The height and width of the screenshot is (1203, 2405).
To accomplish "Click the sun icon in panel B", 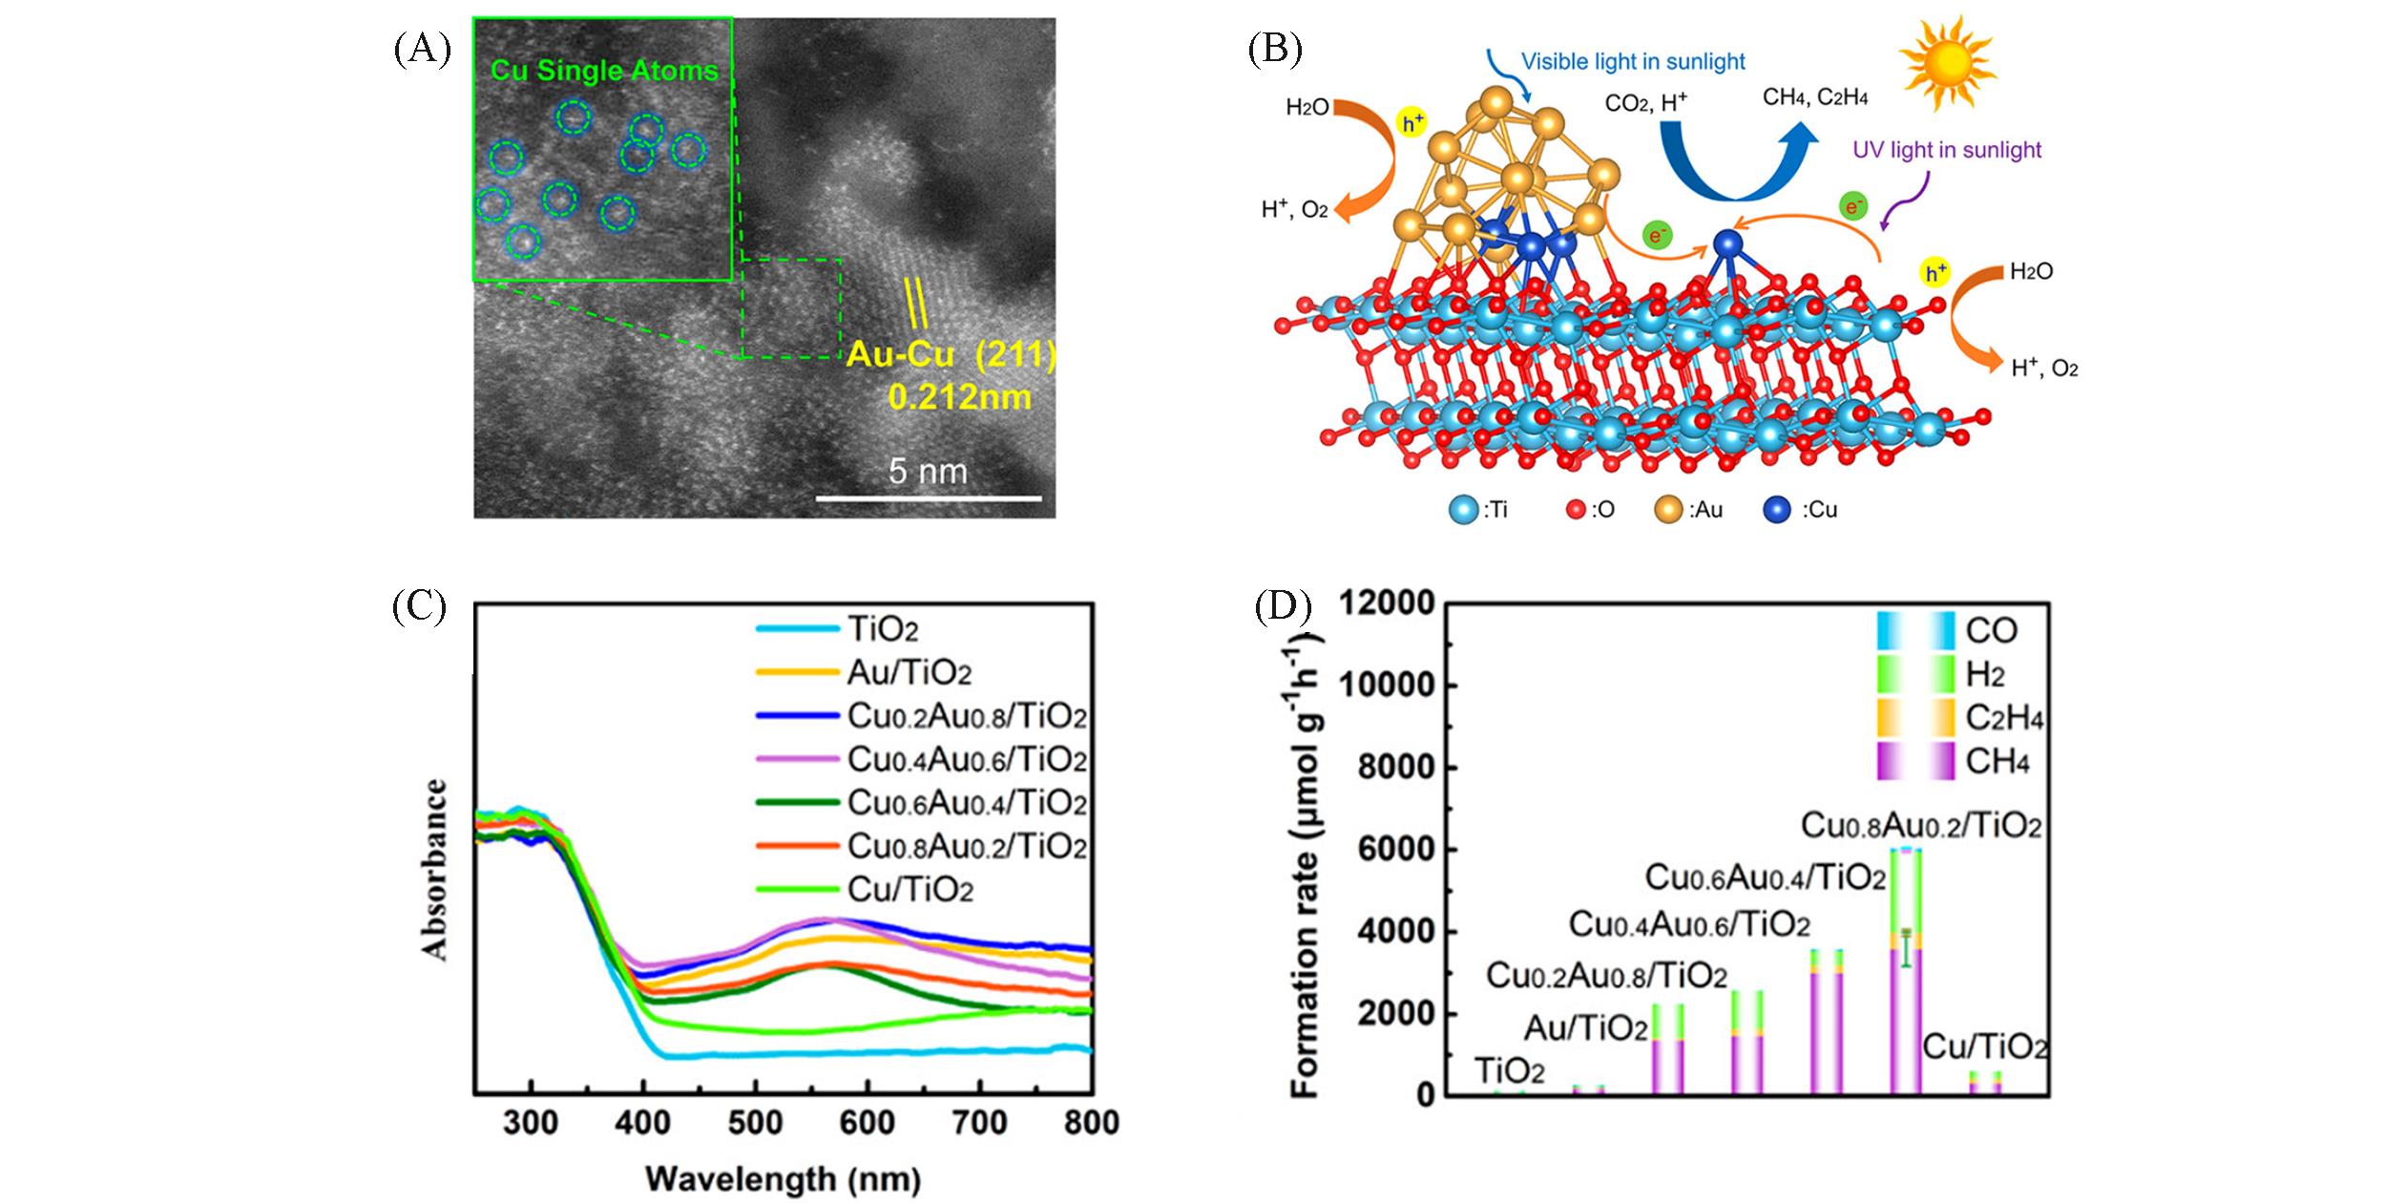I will point(1948,63).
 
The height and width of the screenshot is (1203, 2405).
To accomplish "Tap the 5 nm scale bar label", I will point(928,471).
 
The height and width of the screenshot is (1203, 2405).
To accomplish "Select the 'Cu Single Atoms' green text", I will point(604,70).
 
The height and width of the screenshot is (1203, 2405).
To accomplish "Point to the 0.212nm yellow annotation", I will point(959,396).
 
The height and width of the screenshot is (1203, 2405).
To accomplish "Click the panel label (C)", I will point(420,607).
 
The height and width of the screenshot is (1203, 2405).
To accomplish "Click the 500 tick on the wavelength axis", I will point(755,1123).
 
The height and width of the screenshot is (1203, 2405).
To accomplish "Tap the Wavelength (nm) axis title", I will point(783,1179).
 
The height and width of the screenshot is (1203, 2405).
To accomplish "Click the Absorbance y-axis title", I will point(435,869).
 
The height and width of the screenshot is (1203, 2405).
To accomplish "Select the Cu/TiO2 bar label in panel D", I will point(1984,1047).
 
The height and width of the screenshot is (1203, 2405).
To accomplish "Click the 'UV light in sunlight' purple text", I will point(1947,150).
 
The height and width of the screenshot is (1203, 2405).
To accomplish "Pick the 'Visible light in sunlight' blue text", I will point(1633,62).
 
